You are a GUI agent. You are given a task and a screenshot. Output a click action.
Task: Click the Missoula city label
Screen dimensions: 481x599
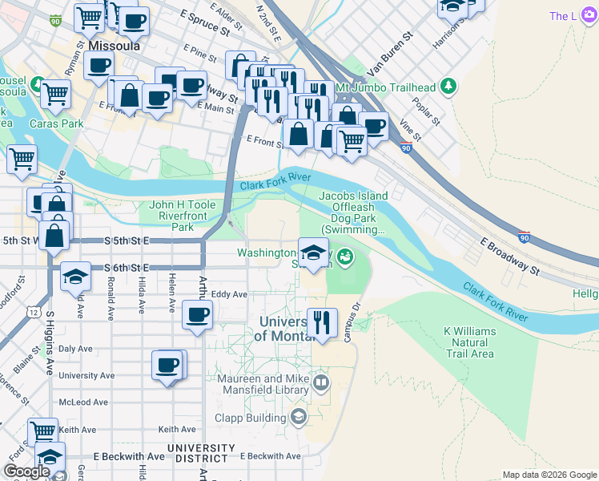115,46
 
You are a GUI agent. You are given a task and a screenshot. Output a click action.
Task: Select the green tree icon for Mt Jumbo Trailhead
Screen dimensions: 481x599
448,86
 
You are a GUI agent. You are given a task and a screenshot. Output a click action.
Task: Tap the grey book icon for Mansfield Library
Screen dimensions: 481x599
321,381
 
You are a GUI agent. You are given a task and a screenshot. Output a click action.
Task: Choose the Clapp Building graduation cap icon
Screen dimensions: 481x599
299,416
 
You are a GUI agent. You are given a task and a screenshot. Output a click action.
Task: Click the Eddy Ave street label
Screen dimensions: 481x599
229,294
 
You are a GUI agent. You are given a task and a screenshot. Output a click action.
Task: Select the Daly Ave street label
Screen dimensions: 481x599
76,349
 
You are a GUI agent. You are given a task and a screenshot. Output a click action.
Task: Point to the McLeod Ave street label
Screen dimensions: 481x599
79,402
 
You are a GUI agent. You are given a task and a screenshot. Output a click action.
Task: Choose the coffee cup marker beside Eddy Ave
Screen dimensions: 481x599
197,315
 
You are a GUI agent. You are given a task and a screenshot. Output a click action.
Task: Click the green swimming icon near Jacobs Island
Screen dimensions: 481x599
344,257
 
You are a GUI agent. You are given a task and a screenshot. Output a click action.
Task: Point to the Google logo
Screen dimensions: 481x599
26,471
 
